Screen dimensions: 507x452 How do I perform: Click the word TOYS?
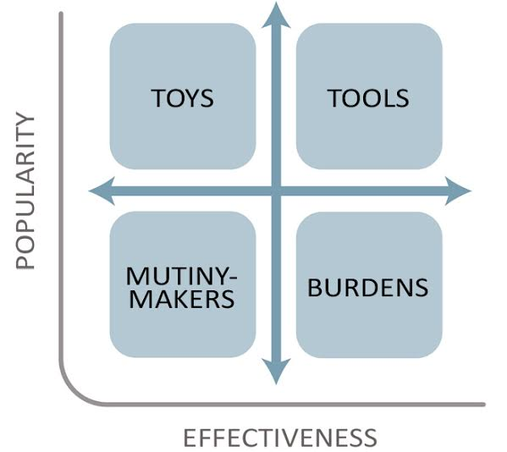click(x=182, y=98)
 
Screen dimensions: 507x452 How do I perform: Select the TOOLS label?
click(x=368, y=98)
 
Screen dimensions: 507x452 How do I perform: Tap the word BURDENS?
click(x=368, y=288)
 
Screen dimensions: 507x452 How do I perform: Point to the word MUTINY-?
click(x=181, y=276)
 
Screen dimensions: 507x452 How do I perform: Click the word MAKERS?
click(x=182, y=299)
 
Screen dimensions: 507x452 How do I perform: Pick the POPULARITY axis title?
click(x=25, y=190)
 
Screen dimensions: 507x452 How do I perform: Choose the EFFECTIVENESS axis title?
click(x=280, y=438)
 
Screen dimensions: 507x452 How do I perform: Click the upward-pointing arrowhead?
click(x=276, y=16)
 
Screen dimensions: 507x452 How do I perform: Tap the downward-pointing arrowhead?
click(x=276, y=371)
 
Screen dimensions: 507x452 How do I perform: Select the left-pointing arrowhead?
click(x=102, y=190)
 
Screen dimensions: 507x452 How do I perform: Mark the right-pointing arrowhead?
click(x=458, y=190)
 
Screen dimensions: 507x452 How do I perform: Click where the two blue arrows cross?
click(x=276, y=190)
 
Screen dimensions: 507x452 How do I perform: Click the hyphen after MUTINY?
click(x=233, y=278)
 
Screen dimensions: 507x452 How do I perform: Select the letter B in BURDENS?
click(x=314, y=288)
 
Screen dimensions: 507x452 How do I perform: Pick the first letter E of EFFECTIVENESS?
click(x=190, y=438)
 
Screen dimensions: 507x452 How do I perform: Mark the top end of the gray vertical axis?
click(x=61, y=13)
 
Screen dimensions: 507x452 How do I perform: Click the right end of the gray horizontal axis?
click(x=483, y=404)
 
